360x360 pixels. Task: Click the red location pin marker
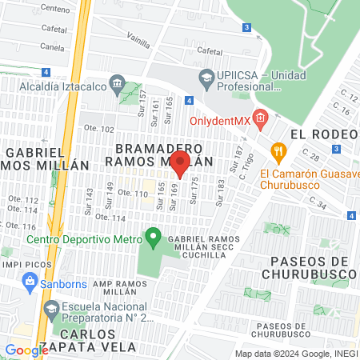[180, 164]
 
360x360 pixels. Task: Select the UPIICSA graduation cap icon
[206, 77]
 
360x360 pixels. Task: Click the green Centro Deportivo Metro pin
[154, 238]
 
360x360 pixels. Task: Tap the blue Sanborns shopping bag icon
[30, 280]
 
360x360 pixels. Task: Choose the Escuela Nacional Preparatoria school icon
[51, 307]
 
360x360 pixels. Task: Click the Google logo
[26, 350]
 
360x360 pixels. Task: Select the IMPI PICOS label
[22, 263]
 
